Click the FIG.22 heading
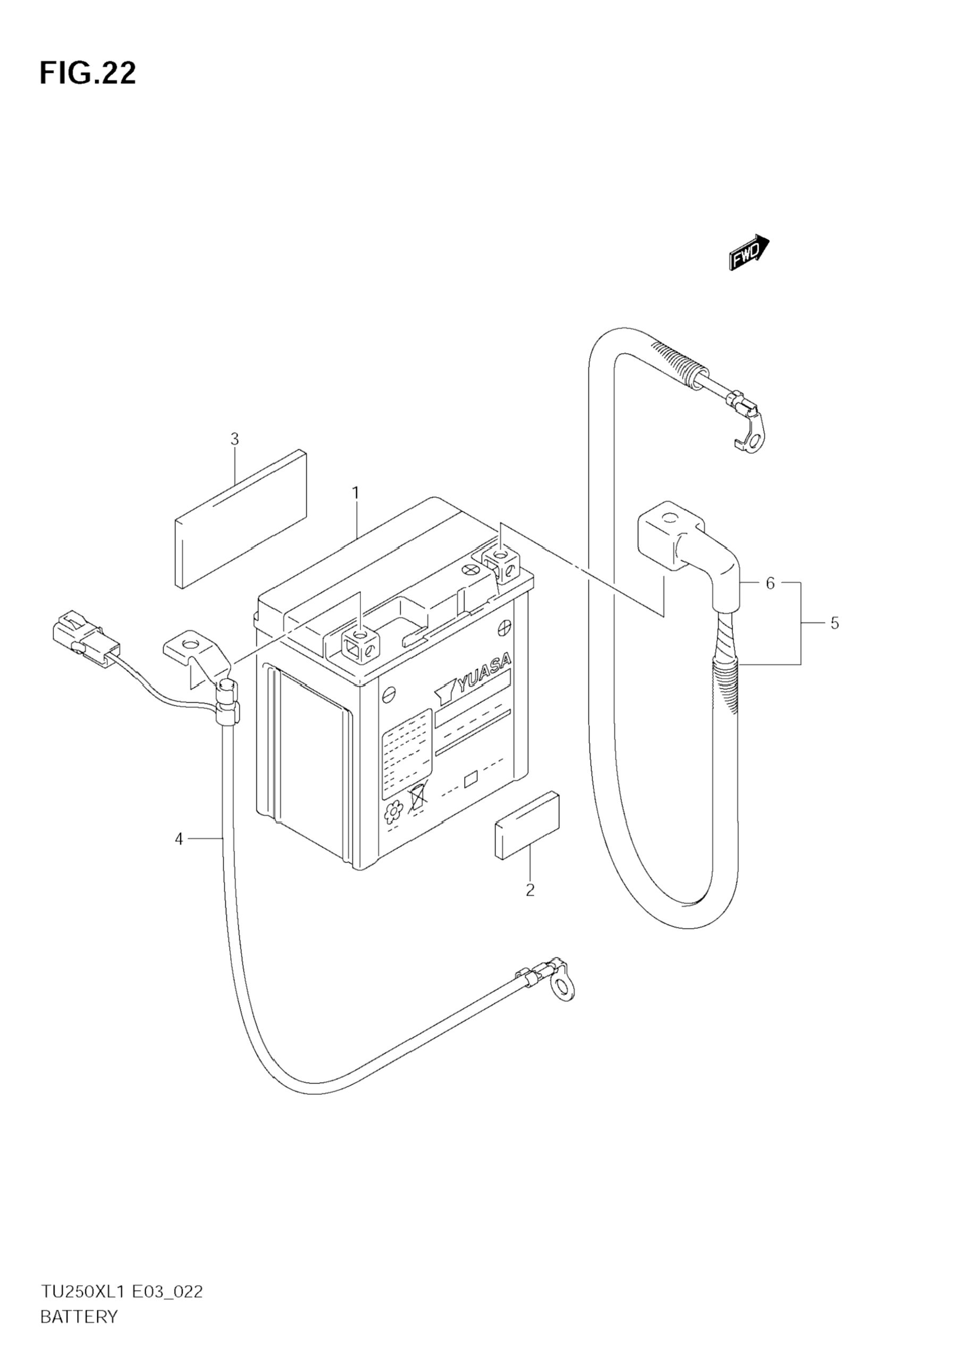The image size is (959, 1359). (88, 73)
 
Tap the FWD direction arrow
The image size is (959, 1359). (750, 254)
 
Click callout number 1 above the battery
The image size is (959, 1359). (356, 493)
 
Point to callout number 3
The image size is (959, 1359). (234, 439)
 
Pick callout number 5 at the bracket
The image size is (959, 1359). (834, 623)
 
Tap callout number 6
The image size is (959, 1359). (770, 584)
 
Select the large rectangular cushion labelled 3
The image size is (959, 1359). (241, 519)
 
